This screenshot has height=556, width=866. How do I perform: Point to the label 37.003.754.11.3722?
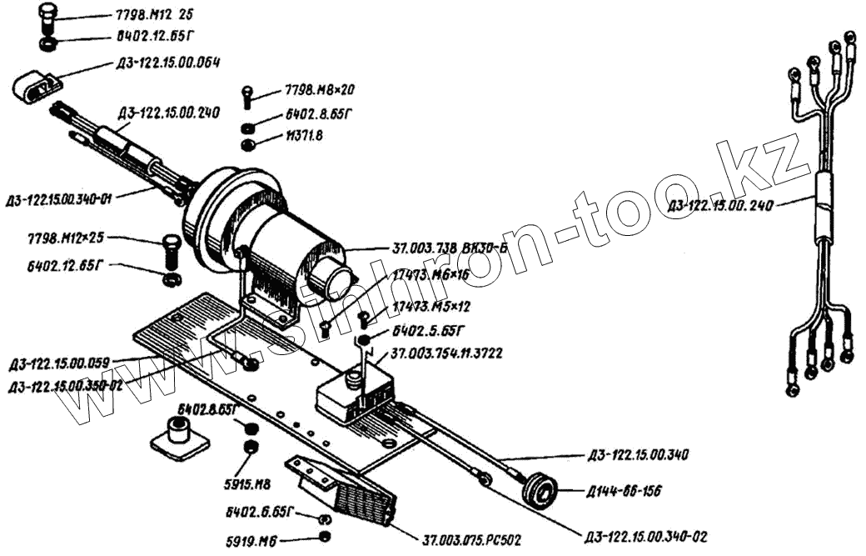point(445,354)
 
